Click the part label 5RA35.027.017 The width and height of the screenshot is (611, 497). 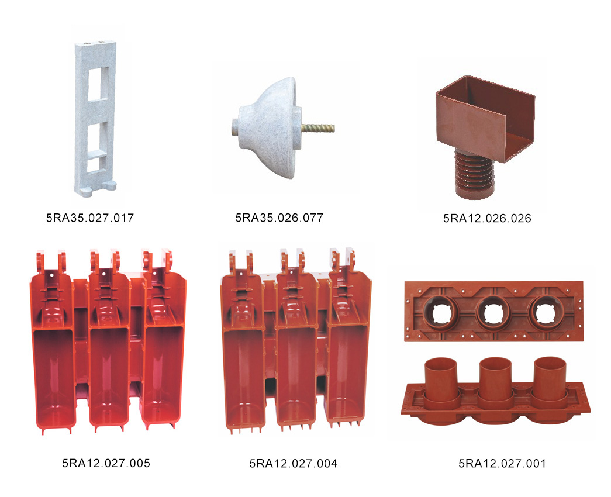[90, 218]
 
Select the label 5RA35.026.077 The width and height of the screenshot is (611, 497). [279, 218]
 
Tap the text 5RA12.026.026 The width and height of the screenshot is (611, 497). [487, 218]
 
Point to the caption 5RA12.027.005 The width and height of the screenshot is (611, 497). [106, 463]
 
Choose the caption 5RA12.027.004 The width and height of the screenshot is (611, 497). [294, 464]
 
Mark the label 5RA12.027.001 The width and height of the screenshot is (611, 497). [502, 464]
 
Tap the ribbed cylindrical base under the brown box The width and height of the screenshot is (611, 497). [474, 176]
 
